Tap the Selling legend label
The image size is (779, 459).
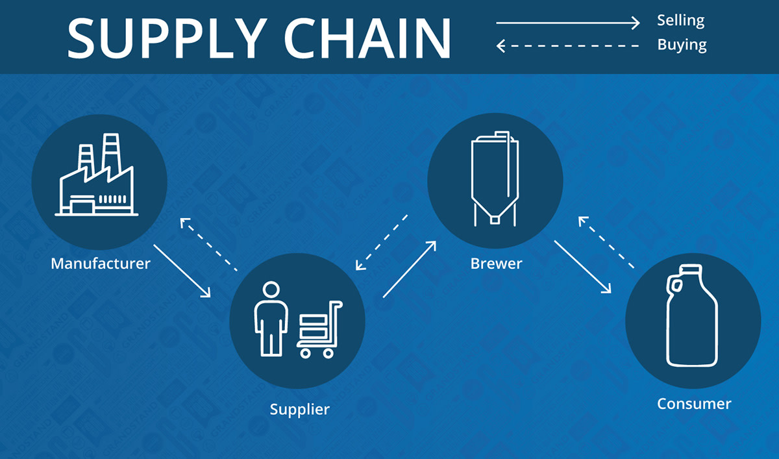click(680, 20)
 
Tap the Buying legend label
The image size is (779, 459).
click(682, 45)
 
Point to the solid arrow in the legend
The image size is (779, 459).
click(568, 23)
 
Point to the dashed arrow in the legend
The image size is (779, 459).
click(568, 46)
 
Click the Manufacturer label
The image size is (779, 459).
click(101, 264)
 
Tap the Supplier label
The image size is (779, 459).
click(300, 410)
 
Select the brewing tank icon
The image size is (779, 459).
click(495, 179)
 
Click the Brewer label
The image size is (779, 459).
click(496, 264)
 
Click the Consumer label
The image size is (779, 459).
click(694, 404)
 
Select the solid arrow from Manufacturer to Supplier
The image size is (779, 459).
click(182, 271)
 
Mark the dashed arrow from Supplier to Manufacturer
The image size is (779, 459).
click(208, 244)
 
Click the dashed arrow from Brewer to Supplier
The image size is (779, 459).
click(382, 242)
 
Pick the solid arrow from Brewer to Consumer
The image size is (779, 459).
click(583, 267)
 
